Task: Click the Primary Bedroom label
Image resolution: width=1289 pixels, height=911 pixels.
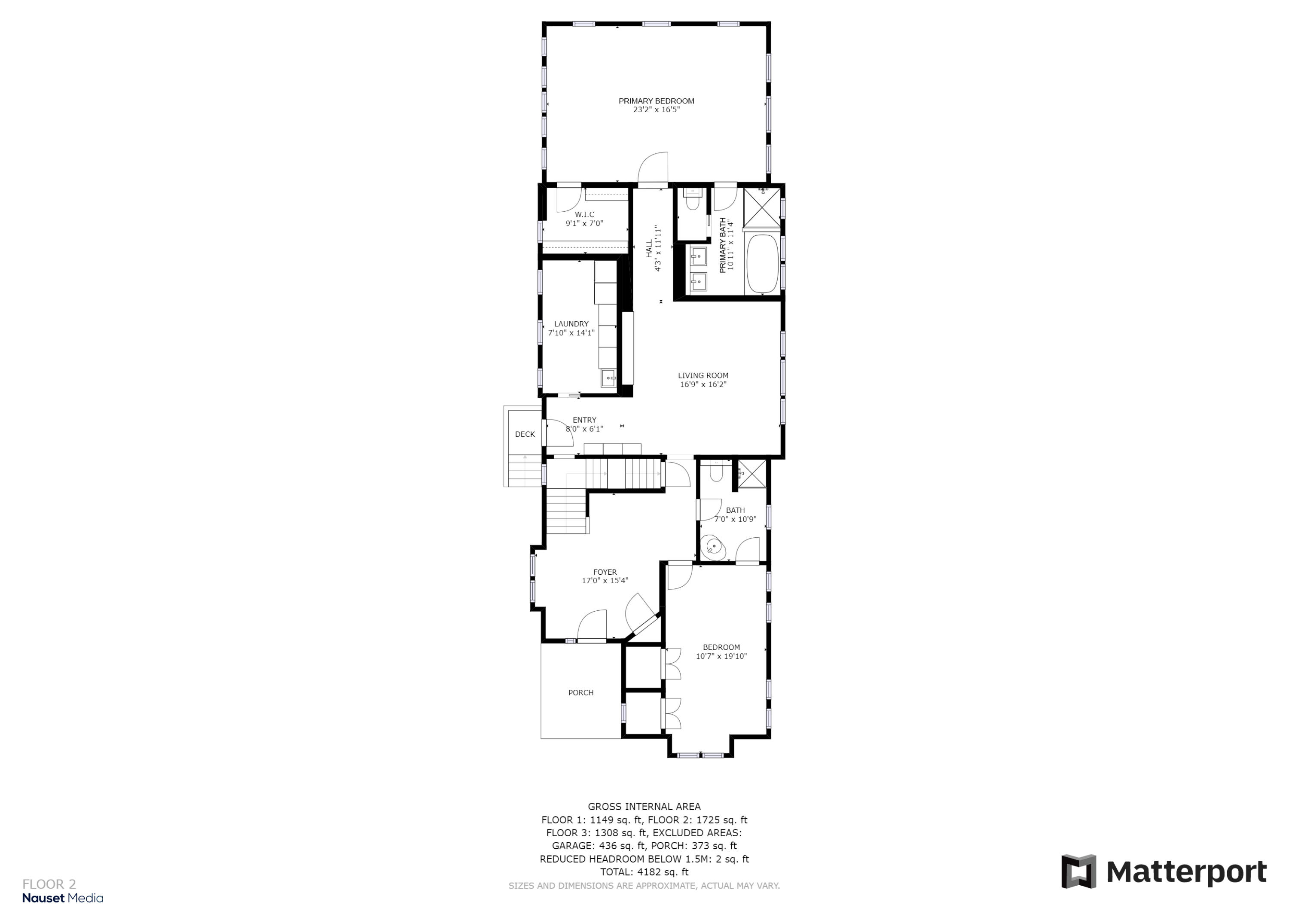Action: coord(656,101)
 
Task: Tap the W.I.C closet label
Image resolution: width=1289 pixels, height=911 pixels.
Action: coord(584,214)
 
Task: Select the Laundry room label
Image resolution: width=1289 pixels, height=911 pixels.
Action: coord(571,324)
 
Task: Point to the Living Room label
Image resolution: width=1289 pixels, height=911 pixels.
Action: coord(703,375)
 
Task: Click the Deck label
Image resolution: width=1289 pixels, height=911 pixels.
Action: coord(525,434)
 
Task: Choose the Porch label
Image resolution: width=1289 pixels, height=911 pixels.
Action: coord(580,693)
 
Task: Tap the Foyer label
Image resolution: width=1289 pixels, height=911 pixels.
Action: coord(605,572)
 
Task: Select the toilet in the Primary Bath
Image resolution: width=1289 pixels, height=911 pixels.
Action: coord(692,201)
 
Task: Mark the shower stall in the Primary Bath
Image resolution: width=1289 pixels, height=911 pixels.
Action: coord(762,207)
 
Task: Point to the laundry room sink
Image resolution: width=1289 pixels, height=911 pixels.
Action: coord(608,378)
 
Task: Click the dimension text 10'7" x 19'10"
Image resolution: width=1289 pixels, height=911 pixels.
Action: coord(721,656)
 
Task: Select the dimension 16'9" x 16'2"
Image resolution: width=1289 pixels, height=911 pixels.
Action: coord(703,384)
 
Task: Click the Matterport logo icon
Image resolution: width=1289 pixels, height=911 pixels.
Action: coord(1078,872)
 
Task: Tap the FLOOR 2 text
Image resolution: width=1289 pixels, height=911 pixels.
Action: coord(49,885)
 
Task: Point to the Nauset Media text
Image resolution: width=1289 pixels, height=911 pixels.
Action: coord(62,898)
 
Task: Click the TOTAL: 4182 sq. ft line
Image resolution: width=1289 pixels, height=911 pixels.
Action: coord(644,872)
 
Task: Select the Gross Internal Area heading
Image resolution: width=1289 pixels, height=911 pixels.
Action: coord(644,807)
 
